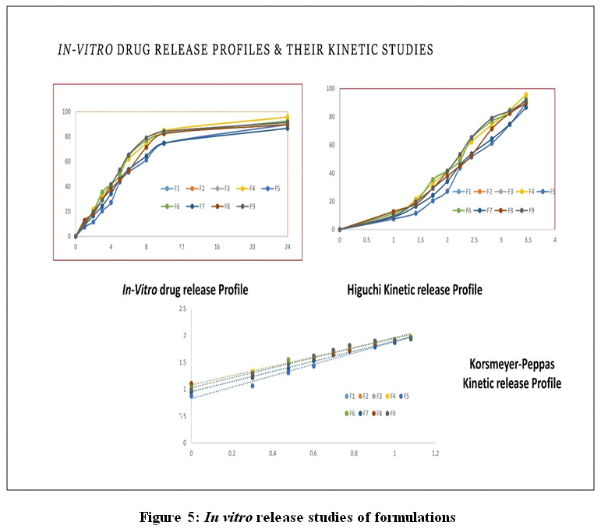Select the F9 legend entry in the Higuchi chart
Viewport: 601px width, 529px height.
click(529, 210)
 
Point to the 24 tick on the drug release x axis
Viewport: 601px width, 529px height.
click(287, 246)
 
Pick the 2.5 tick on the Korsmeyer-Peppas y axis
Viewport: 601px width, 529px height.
click(182, 309)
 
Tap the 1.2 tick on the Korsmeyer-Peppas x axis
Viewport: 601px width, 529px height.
click(435, 452)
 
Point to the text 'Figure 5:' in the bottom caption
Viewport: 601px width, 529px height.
click(171, 517)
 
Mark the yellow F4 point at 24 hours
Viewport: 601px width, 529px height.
click(287, 118)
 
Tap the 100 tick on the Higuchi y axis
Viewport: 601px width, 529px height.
click(331, 89)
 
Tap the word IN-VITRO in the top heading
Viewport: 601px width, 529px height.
click(85, 50)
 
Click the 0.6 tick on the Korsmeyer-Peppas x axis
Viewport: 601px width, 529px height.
click(313, 452)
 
